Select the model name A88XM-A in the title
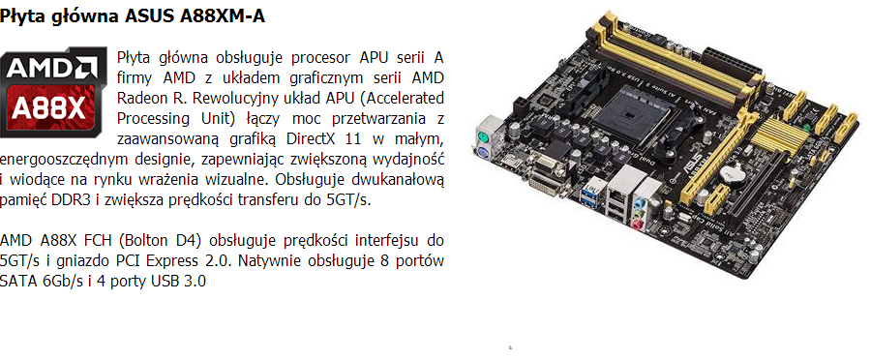(223, 16)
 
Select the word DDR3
(71, 200)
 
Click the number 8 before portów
(386, 260)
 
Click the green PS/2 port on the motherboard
(484, 136)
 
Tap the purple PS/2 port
(482, 154)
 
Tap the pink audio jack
(637, 225)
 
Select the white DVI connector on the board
(550, 184)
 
